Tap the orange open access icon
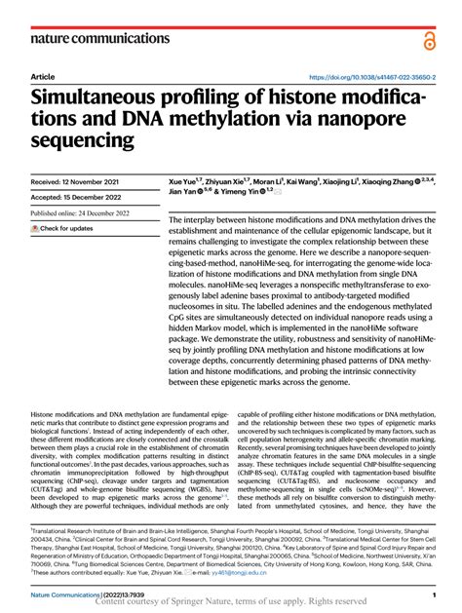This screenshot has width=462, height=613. click(x=429, y=39)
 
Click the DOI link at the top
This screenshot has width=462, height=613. click(x=371, y=77)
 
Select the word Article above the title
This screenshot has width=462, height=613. click(x=43, y=77)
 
